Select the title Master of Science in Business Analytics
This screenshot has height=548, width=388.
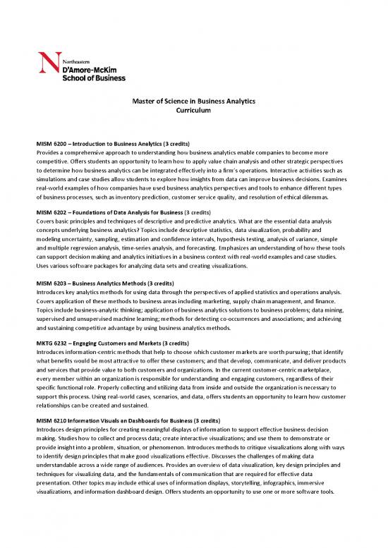tap(193, 103)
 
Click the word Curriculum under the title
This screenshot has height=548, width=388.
tap(193, 112)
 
